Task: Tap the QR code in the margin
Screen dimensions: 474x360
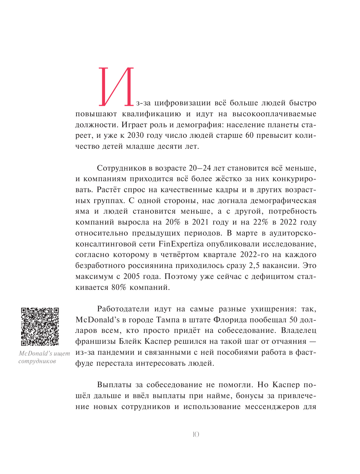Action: click(40, 326)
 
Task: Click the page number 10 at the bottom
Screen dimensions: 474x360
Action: click(196, 434)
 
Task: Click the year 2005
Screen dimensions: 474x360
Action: click(132, 276)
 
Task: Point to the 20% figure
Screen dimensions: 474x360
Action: click(173, 222)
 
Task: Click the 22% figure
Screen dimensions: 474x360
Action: click(260, 222)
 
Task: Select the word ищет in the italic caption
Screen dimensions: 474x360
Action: click(62, 353)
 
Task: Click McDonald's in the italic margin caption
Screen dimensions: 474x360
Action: click(35, 353)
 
